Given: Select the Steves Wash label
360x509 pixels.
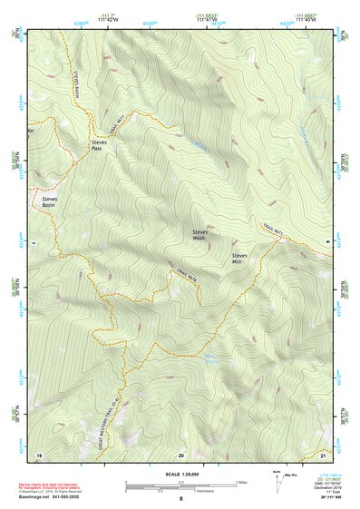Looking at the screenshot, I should coord(199,234).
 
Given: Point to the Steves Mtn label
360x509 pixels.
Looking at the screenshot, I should coord(239,259).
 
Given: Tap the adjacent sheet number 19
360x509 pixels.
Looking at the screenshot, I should coord(39,453).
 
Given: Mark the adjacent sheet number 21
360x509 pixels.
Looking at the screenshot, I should coord(323,453).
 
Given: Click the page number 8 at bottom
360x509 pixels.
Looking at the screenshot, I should coord(180,499).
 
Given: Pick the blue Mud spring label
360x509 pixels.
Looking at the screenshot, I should coord(210,355).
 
